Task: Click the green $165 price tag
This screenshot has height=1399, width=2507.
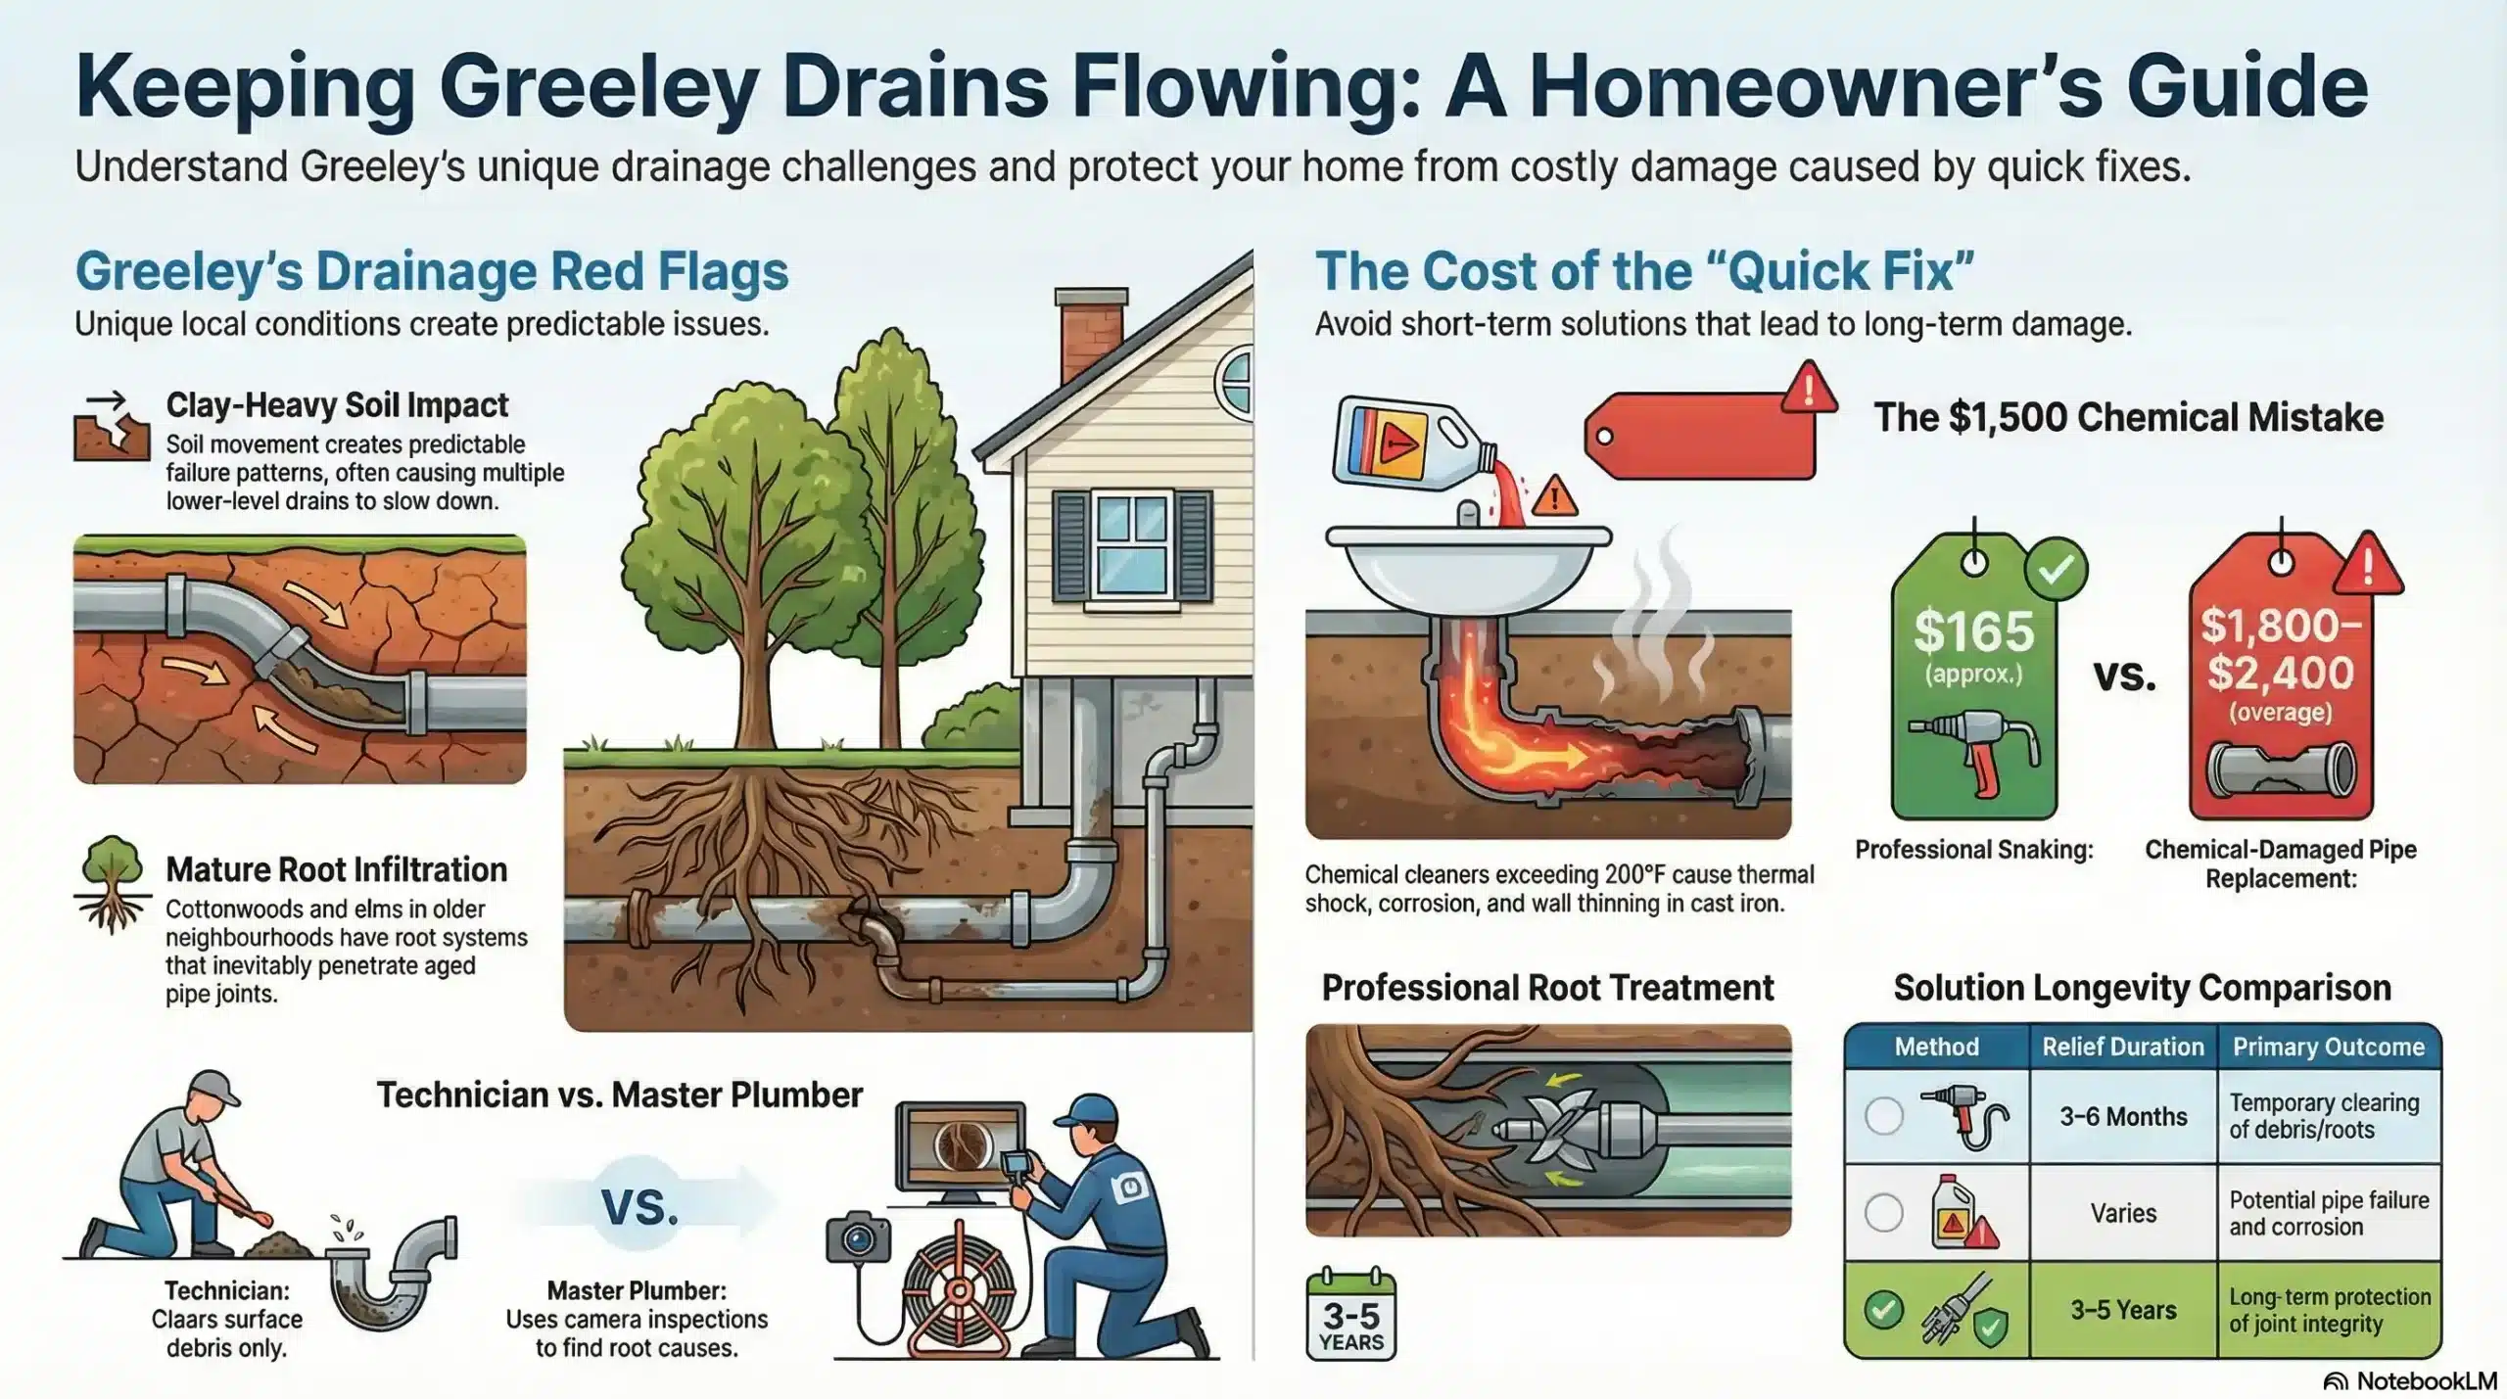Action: (1973, 685)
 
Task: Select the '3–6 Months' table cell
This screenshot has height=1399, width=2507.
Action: (2122, 1116)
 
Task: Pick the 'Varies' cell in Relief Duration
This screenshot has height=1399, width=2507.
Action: (2122, 1213)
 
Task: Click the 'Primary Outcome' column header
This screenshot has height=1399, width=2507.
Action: (2328, 1047)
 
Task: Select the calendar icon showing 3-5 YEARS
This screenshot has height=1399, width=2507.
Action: (1350, 1317)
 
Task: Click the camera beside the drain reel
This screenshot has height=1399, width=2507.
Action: (859, 1238)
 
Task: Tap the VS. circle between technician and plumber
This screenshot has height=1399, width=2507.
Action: (639, 1207)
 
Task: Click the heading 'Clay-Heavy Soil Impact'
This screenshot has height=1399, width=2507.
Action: (337, 405)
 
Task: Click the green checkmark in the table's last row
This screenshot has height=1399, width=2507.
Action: (1883, 1310)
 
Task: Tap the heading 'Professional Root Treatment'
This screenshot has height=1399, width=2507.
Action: (1547, 988)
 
